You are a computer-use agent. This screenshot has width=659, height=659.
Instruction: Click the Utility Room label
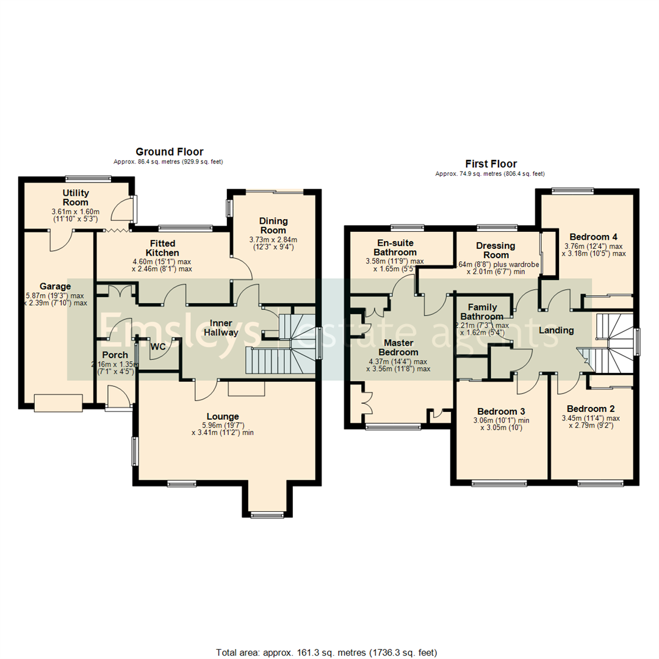pos(75,198)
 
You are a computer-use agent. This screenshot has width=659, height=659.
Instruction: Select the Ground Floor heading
pos(169,151)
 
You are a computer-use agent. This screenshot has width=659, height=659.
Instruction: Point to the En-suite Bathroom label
pos(395,247)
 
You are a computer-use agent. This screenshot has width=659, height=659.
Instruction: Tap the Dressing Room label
pos(495,250)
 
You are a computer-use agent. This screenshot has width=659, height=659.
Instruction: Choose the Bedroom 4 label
pos(593,237)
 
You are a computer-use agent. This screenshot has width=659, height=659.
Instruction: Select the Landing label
pos(556,330)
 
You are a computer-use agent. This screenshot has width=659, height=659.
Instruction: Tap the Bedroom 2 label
pos(590,409)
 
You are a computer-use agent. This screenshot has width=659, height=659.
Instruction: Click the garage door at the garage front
pos(58,403)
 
